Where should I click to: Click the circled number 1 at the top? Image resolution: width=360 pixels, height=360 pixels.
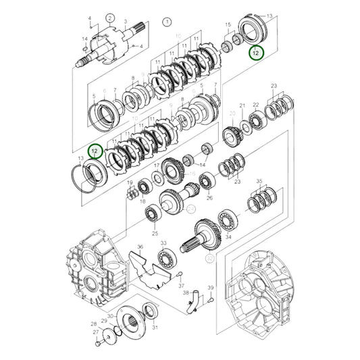(166, 22)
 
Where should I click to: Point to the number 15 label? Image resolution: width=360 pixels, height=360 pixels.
(227, 24)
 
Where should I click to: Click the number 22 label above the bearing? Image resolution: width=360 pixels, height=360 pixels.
(256, 105)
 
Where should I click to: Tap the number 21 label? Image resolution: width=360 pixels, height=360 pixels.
(241, 105)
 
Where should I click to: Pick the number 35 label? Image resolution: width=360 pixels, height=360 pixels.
(259, 182)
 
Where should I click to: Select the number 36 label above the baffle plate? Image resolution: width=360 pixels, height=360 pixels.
(140, 247)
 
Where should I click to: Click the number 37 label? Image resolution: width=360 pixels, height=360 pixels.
(182, 286)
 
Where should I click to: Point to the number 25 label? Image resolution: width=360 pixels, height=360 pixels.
(155, 233)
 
